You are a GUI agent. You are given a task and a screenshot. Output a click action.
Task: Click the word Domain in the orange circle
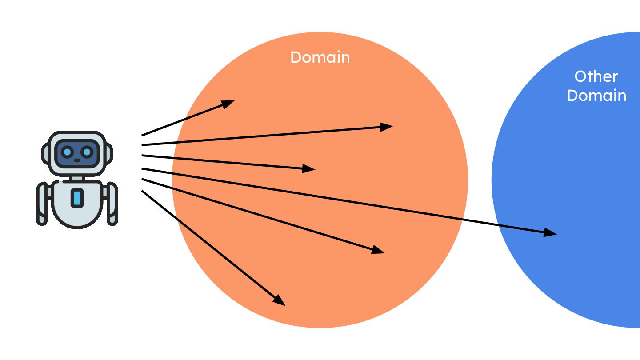(320, 57)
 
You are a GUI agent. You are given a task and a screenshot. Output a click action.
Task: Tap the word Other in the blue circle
(596, 76)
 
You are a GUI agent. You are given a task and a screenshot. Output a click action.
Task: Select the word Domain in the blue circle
(596, 96)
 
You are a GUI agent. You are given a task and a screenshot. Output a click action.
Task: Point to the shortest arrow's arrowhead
(228, 104)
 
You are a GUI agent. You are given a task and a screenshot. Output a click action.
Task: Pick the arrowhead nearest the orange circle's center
(309, 168)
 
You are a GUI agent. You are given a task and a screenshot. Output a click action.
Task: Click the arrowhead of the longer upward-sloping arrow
(387, 127)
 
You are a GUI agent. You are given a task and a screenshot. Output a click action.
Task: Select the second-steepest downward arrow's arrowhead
(378, 251)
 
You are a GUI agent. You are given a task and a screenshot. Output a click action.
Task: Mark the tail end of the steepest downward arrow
(142, 191)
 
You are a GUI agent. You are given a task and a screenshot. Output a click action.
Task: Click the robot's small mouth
(77, 160)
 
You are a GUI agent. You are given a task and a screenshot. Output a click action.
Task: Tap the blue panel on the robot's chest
(77, 198)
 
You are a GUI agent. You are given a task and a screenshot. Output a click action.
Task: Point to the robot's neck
(77, 177)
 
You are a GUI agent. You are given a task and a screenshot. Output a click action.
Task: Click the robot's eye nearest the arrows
(87, 152)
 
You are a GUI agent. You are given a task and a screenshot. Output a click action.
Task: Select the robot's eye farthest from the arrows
(67, 152)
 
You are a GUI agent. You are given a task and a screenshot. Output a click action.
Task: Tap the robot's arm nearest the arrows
(112, 204)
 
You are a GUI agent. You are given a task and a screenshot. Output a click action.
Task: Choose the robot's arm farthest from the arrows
(42, 204)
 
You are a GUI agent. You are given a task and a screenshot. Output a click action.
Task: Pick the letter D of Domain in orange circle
(296, 57)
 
